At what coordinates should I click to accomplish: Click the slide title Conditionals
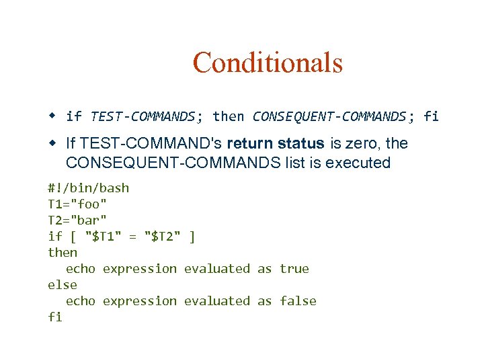(x=268, y=63)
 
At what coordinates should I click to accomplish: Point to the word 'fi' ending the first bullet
(x=431, y=116)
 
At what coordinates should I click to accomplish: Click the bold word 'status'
(x=302, y=143)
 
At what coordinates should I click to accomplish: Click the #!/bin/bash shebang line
(x=88, y=188)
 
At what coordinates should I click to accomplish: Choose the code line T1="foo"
(x=77, y=204)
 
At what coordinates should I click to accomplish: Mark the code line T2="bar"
(x=77, y=220)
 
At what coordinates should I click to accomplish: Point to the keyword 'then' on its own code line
(x=63, y=252)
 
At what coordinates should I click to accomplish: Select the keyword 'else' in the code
(x=63, y=284)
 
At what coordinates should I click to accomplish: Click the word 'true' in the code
(x=294, y=268)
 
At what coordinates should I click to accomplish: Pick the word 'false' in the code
(x=298, y=300)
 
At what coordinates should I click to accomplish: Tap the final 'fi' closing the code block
(x=55, y=317)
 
